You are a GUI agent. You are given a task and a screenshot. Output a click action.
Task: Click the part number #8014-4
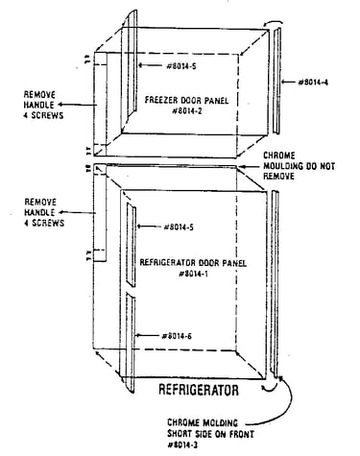coord(313,83)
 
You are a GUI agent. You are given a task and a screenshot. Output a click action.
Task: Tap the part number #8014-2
coord(187,111)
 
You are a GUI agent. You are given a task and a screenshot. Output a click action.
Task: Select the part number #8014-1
coord(194,274)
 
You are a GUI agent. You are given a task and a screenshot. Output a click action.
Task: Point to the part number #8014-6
coord(177,336)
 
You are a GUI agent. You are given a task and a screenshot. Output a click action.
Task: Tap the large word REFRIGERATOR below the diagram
coord(199,390)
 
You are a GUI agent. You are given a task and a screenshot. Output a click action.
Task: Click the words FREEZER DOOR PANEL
coord(187,100)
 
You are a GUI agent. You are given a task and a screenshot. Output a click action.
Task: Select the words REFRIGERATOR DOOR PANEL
coord(193,263)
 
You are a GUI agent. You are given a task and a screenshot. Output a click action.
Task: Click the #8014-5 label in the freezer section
coord(181,66)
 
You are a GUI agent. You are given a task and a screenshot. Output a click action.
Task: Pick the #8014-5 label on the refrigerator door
coord(179,227)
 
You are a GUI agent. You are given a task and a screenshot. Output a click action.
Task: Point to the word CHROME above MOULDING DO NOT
coord(279,156)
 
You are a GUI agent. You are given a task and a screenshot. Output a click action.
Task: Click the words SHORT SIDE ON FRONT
coord(211,434)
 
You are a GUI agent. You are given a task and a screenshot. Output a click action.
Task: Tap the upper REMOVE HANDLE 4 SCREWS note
coord(43,105)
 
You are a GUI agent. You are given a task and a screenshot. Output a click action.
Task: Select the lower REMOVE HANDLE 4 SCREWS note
coord(44,212)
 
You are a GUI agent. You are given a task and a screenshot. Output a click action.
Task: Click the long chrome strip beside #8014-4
coord(277,81)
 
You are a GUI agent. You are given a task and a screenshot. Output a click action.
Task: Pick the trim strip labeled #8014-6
coord(131,343)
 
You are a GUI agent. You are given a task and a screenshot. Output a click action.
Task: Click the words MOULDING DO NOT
coord(299,166)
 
